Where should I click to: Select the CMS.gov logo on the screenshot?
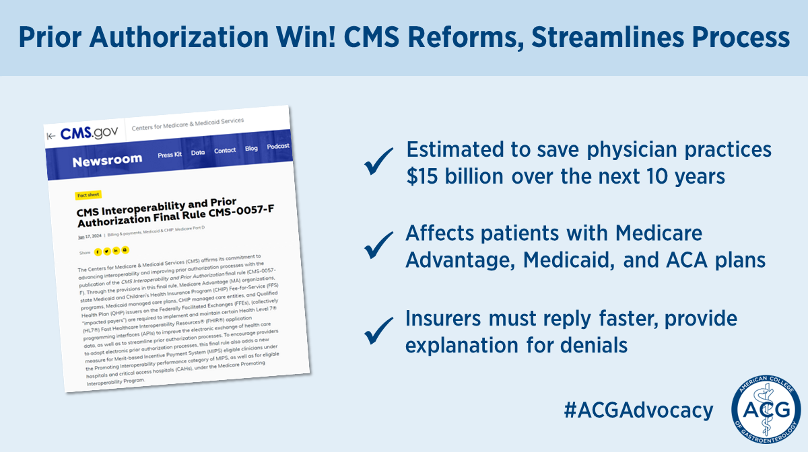pos(89,133)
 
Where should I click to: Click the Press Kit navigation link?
pos(170,155)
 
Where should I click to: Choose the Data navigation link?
pos(198,153)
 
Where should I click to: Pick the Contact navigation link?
pos(225,151)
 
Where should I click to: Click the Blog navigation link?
pos(251,149)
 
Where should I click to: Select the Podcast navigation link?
pos(278,146)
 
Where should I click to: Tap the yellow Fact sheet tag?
pos(88,194)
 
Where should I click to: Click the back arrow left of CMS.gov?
pos(50,136)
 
